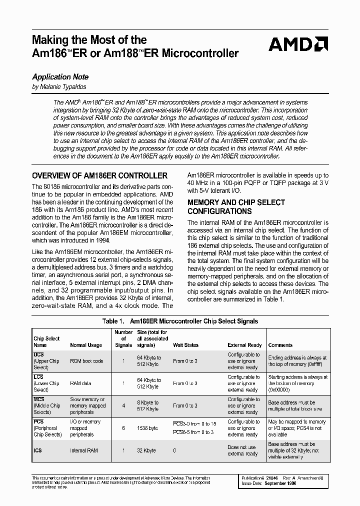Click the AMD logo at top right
click(298, 45)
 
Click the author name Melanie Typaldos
click(59, 87)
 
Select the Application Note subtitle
click(60, 77)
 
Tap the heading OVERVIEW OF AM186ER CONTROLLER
click(99, 176)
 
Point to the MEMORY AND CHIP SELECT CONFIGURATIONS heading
click(236, 206)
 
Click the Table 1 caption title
click(180, 321)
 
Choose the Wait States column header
click(185, 345)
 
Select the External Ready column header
click(244, 345)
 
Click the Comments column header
click(280, 345)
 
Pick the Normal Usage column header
click(85, 345)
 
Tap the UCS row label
click(38, 354)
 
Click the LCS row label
click(38, 377)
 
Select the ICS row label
click(38, 450)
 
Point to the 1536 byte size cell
click(147, 428)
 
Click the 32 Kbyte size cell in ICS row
click(147, 450)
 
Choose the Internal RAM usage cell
click(83, 450)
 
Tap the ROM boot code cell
click(86, 361)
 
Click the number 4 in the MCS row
click(123, 406)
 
